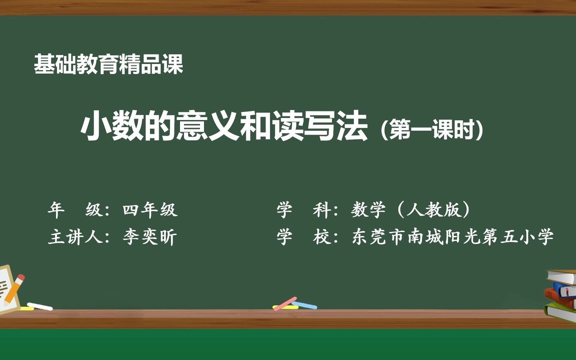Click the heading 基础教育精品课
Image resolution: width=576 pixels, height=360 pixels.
coord(109,64)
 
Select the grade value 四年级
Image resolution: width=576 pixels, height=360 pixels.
coord(150,210)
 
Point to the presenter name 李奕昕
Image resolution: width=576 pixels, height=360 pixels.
coord(150,237)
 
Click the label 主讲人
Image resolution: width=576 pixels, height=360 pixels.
coord(75,237)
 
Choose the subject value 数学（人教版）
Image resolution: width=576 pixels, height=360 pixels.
coord(411,210)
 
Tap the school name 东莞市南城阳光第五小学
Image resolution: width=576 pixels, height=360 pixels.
coord(453,237)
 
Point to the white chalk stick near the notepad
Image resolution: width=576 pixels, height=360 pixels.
coord(40,306)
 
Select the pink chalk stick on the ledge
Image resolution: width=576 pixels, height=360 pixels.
coord(285,304)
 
